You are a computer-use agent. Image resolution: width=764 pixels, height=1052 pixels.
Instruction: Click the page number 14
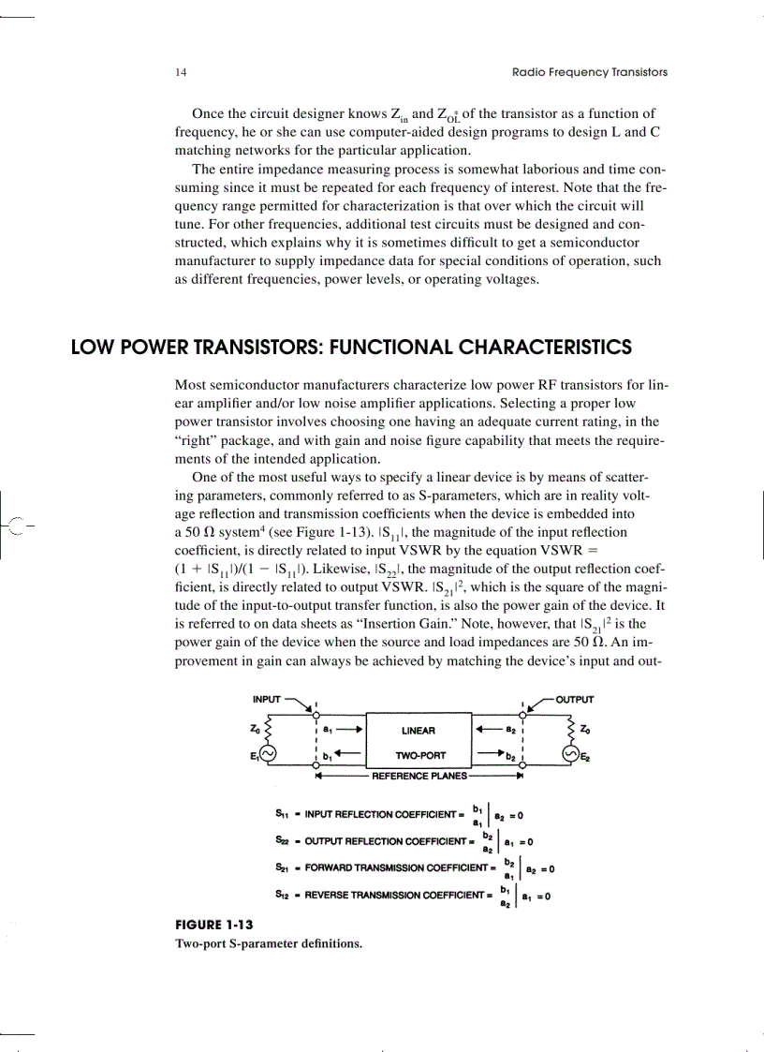tap(180, 72)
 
